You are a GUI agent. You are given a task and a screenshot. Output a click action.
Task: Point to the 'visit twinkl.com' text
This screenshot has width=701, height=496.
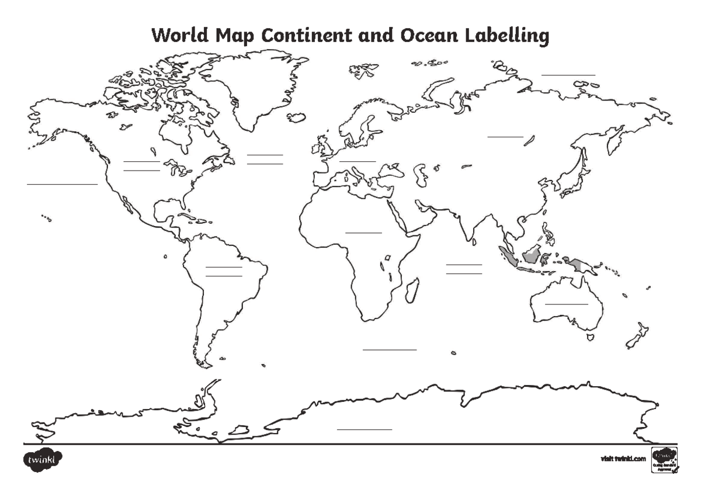click(623, 459)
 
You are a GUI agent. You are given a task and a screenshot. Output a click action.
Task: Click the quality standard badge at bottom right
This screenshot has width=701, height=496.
click(665, 460)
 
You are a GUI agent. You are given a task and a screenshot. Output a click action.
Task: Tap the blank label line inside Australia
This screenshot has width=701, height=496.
click(566, 304)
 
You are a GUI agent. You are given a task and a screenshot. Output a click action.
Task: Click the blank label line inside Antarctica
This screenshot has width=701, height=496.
click(364, 429)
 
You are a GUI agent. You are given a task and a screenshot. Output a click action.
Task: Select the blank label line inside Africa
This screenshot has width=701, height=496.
click(363, 232)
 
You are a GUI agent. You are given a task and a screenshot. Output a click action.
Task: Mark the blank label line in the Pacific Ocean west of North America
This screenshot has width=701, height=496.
click(62, 184)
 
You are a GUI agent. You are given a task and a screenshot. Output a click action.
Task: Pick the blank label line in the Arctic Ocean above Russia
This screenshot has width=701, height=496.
click(568, 75)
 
